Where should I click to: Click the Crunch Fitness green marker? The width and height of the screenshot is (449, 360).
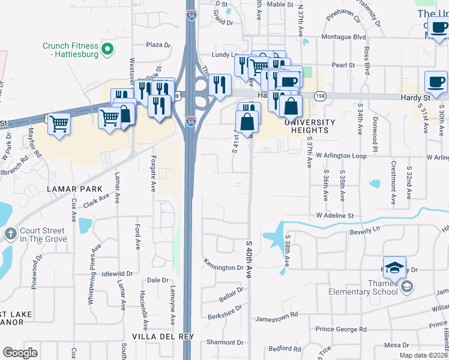(107, 49)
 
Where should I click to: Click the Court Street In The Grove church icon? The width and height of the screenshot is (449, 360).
(10, 233)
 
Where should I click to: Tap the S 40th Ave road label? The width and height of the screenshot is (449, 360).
(249, 260)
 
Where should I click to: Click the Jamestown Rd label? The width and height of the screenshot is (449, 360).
(277, 314)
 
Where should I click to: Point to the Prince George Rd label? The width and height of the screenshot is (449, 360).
(341, 329)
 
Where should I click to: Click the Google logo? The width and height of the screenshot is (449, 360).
(20, 353)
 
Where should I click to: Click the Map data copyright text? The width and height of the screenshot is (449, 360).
(423, 355)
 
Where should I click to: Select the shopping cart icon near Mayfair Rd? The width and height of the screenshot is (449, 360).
(59, 125)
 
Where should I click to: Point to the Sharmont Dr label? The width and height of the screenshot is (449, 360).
(221, 342)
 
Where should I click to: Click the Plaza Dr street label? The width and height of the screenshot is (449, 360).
(158, 44)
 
